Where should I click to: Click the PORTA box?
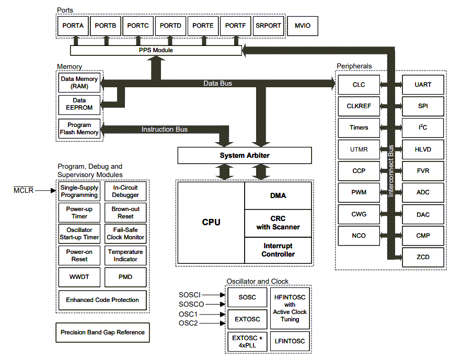73,26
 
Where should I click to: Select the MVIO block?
302,26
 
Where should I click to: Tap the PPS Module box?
156,50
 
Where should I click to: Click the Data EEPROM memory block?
79,104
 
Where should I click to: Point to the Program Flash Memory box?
79,129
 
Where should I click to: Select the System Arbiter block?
245,155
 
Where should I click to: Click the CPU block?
211,223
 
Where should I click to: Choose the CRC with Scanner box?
278,223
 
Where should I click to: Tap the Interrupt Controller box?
278,250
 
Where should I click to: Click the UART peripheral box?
423,85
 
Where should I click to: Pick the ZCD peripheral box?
423,257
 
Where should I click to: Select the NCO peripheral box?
359,236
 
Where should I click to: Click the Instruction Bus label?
164,129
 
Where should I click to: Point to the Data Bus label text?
217,83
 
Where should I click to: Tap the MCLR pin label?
23,191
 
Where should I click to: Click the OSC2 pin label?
188,323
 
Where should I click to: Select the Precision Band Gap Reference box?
102,332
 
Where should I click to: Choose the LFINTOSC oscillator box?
290,341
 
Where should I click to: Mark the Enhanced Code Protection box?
102,300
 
